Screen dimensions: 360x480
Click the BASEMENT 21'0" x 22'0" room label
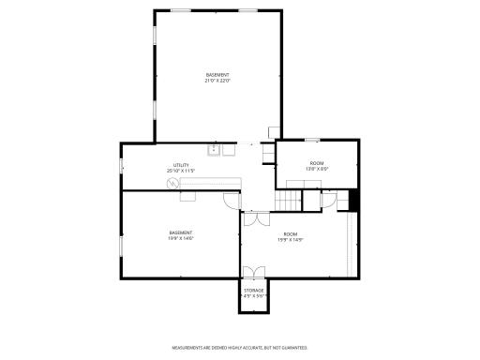[217, 78]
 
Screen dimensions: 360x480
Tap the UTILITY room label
[180, 167]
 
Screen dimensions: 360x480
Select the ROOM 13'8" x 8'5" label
[317, 166]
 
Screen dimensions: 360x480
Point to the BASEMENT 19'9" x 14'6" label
[180, 234]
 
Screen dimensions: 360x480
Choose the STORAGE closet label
[254, 292]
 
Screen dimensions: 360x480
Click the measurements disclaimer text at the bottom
[240, 347]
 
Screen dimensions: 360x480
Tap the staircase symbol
[287, 200]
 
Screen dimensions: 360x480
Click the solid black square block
[353, 200]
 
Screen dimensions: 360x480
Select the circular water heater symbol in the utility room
[172, 184]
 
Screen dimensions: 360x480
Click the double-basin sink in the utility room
[216, 148]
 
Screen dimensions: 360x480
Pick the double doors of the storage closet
[254, 272]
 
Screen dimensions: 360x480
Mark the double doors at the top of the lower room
[250, 220]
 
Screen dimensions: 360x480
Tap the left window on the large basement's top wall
[178, 10]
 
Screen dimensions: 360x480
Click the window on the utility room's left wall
[120, 166]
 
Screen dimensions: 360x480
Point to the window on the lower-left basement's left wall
[120, 246]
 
